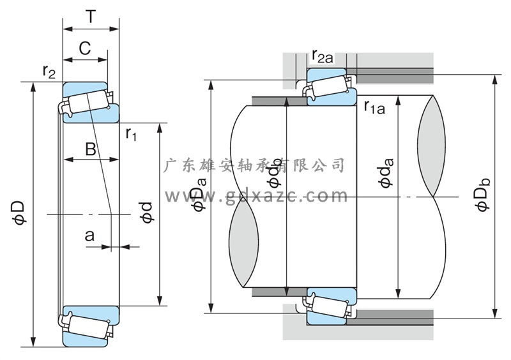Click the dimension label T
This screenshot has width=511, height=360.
coord(91,17)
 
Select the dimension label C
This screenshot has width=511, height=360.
coord(85,49)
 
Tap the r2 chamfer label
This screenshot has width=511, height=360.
coord(49,71)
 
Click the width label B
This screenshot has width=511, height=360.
coord(91,149)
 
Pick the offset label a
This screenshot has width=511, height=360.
coord(89,236)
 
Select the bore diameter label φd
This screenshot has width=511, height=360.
coord(147,213)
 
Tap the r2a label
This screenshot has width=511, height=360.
coord(323,56)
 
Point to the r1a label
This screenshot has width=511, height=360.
coord(374,107)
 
